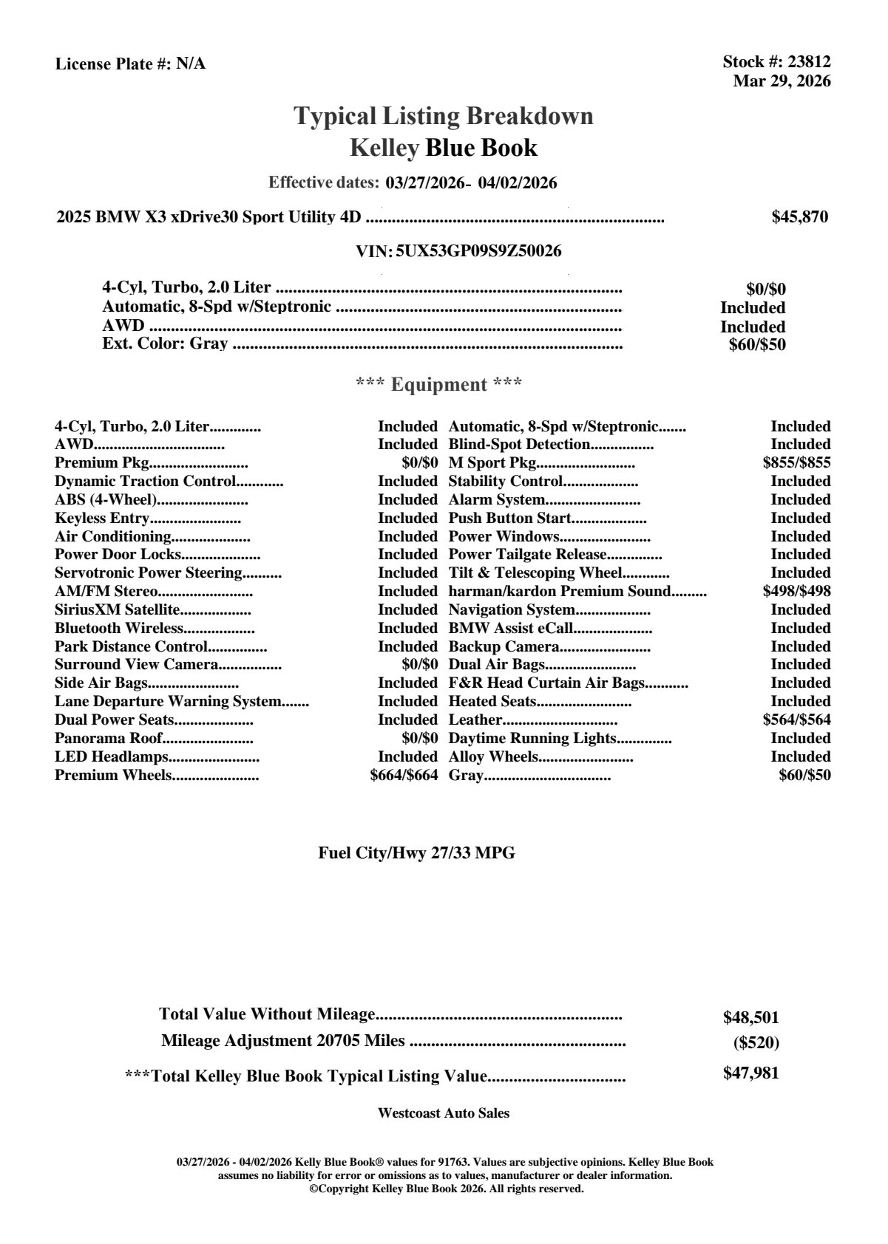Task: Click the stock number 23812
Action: pyautogui.click(x=808, y=62)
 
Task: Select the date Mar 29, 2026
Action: pyautogui.click(x=782, y=81)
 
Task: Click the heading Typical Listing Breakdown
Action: pyautogui.click(x=444, y=116)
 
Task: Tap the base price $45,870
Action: pyautogui.click(x=799, y=216)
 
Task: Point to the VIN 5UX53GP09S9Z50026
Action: pyautogui.click(x=478, y=251)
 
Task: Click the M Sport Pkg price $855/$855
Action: pyautogui.click(x=796, y=462)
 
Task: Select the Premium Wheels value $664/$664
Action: pyautogui.click(x=404, y=775)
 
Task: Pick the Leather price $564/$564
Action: pyautogui.click(x=796, y=720)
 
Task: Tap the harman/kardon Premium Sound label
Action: pyautogui.click(x=559, y=591)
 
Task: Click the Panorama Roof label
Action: pyautogui.click(x=107, y=738)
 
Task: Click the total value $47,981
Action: pyautogui.click(x=750, y=1073)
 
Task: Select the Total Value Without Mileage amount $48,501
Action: pyautogui.click(x=750, y=1017)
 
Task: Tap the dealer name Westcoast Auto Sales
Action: pyautogui.click(x=443, y=1113)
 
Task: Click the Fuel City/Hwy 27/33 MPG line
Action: pyautogui.click(x=416, y=853)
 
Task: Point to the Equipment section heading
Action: pyautogui.click(x=438, y=384)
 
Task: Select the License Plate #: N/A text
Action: pyautogui.click(x=130, y=64)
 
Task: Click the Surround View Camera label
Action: pyautogui.click(x=136, y=664)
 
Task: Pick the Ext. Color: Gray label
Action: pyautogui.click(x=164, y=344)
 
